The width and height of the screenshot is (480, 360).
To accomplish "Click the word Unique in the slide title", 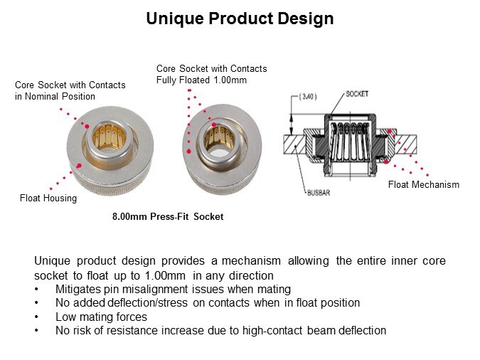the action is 175,19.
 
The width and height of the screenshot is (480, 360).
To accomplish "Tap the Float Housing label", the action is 48,198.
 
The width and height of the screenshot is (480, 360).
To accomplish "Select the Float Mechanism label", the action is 424,184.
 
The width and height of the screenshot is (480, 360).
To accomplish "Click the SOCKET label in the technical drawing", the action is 357,94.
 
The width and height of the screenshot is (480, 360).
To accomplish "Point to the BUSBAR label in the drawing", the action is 319,193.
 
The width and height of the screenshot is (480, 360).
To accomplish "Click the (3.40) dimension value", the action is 308,97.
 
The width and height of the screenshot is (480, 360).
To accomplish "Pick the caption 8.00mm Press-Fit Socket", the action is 168,216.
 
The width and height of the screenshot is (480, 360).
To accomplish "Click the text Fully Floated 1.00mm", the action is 201,80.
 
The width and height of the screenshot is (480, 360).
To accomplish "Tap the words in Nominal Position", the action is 55,96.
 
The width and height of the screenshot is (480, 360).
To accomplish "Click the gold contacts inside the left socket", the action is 110,137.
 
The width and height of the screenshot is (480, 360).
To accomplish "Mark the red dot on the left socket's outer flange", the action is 79,166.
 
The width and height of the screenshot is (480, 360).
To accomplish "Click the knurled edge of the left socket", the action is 110,184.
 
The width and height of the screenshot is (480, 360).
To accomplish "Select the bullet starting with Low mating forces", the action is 101,317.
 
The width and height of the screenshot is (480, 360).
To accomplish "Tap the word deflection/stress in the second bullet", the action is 147,302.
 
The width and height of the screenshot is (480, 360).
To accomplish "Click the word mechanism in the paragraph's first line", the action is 251,260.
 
